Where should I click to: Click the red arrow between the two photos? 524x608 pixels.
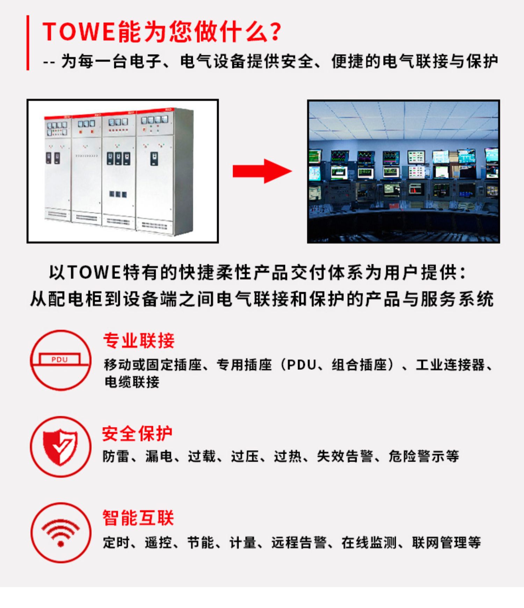point(262,171)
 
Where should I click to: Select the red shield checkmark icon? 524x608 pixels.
point(60,447)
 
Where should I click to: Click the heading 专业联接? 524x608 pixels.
point(139,340)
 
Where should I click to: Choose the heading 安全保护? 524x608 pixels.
point(137,434)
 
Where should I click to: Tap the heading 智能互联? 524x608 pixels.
point(138,518)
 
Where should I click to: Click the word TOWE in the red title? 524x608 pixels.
point(79,32)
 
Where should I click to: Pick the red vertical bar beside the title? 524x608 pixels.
point(28,43)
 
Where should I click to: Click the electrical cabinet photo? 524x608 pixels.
point(123,171)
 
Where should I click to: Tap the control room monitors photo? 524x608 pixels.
point(403,171)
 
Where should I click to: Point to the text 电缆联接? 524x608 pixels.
point(132,382)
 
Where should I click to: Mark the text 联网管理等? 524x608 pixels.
point(446,542)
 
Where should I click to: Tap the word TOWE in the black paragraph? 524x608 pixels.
point(94,272)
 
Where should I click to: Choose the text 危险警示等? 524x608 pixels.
point(424,456)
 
